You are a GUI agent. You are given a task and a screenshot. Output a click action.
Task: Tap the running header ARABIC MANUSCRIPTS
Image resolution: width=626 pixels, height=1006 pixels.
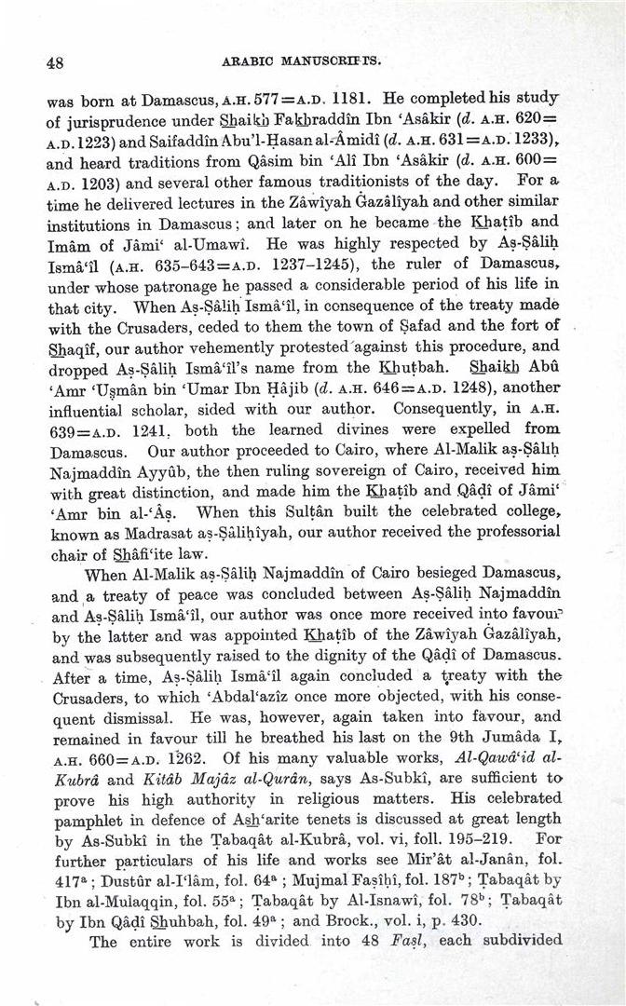(x=303, y=62)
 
